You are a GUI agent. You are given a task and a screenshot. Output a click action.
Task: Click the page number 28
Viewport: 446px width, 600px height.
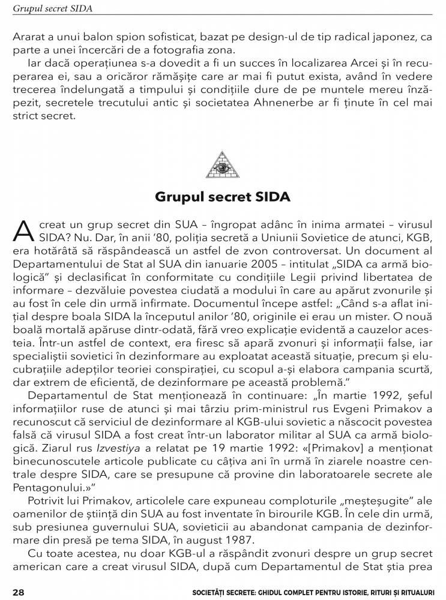tap(18, 592)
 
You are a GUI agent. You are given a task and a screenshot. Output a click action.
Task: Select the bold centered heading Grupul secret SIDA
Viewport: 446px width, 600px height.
tap(223, 197)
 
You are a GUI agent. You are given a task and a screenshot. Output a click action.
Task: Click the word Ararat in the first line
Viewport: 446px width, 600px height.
tap(28, 37)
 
